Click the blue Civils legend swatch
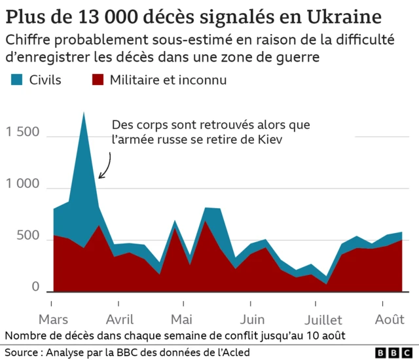(16, 80)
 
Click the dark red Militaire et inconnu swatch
(98, 80)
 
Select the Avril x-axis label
(119, 319)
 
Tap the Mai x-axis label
(181, 319)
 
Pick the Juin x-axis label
(252, 319)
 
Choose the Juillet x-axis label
(323, 319)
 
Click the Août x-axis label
(390, 319)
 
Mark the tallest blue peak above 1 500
(84, 114)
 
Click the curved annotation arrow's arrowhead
(100, 176)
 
